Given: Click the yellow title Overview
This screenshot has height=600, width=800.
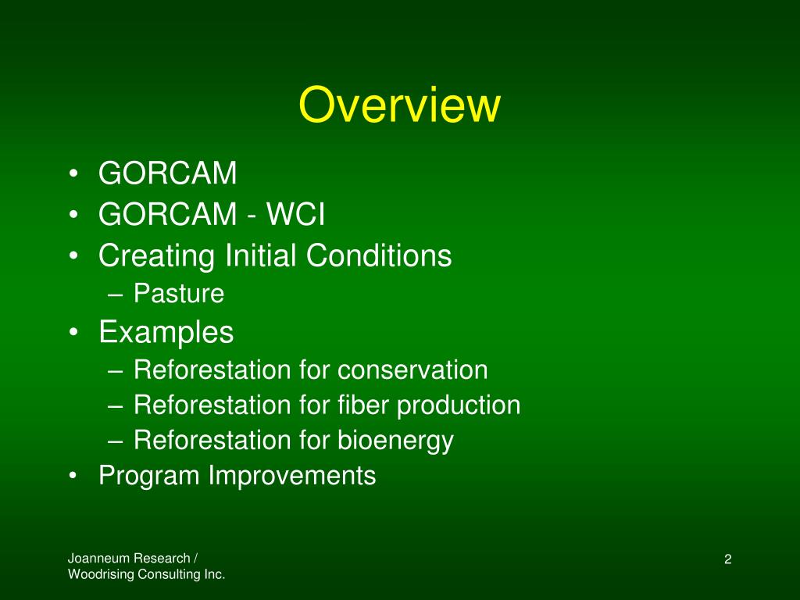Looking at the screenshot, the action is click(x=399, y=105).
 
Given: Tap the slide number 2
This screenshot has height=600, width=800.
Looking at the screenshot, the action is click(x=727, y=559).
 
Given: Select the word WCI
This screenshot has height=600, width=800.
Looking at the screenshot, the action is click(x=295, y=214).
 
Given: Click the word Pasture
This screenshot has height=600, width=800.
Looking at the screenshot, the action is click(x=179, y=294).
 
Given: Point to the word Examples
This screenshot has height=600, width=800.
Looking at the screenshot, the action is click(x=166, y=332).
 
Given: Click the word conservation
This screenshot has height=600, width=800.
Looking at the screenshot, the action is click(x=412, y=370).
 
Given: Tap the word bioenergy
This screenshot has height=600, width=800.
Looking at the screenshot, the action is click(x=395, y=441).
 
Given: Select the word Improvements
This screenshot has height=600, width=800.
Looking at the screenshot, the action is click(x=292, y=476).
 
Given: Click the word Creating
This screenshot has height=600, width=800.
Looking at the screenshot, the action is click(x=156, y=255).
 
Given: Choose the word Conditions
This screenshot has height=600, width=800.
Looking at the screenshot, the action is click(x=379, y=255).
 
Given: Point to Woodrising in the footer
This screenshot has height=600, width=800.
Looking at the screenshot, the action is click(x=101, y=574).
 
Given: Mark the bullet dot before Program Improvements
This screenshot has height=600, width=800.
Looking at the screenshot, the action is click(x=73, y=476).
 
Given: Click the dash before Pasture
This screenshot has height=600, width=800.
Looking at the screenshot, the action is click(x=116, y=295).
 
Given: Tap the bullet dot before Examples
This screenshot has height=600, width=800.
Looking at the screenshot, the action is click(x=73, y=333).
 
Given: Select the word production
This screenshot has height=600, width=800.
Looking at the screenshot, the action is click(x=458, y=405).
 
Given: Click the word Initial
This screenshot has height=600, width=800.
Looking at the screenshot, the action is click(x=260, y=255).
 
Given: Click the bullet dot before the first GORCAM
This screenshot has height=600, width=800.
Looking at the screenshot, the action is click(x=73, y=173).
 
